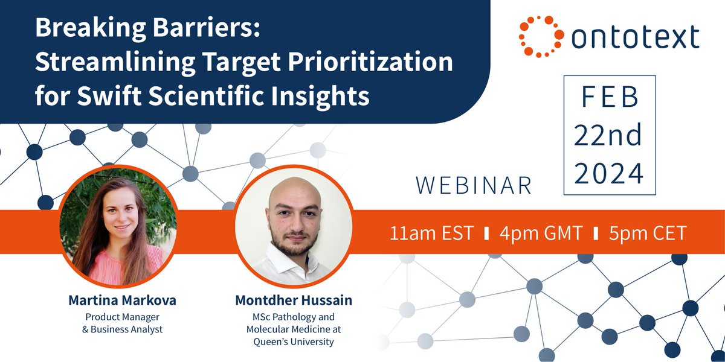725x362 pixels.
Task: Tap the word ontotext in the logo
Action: pyautogui.click(x=634, y=37)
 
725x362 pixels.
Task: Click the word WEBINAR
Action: pyautogui.click(x=474, y=186)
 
